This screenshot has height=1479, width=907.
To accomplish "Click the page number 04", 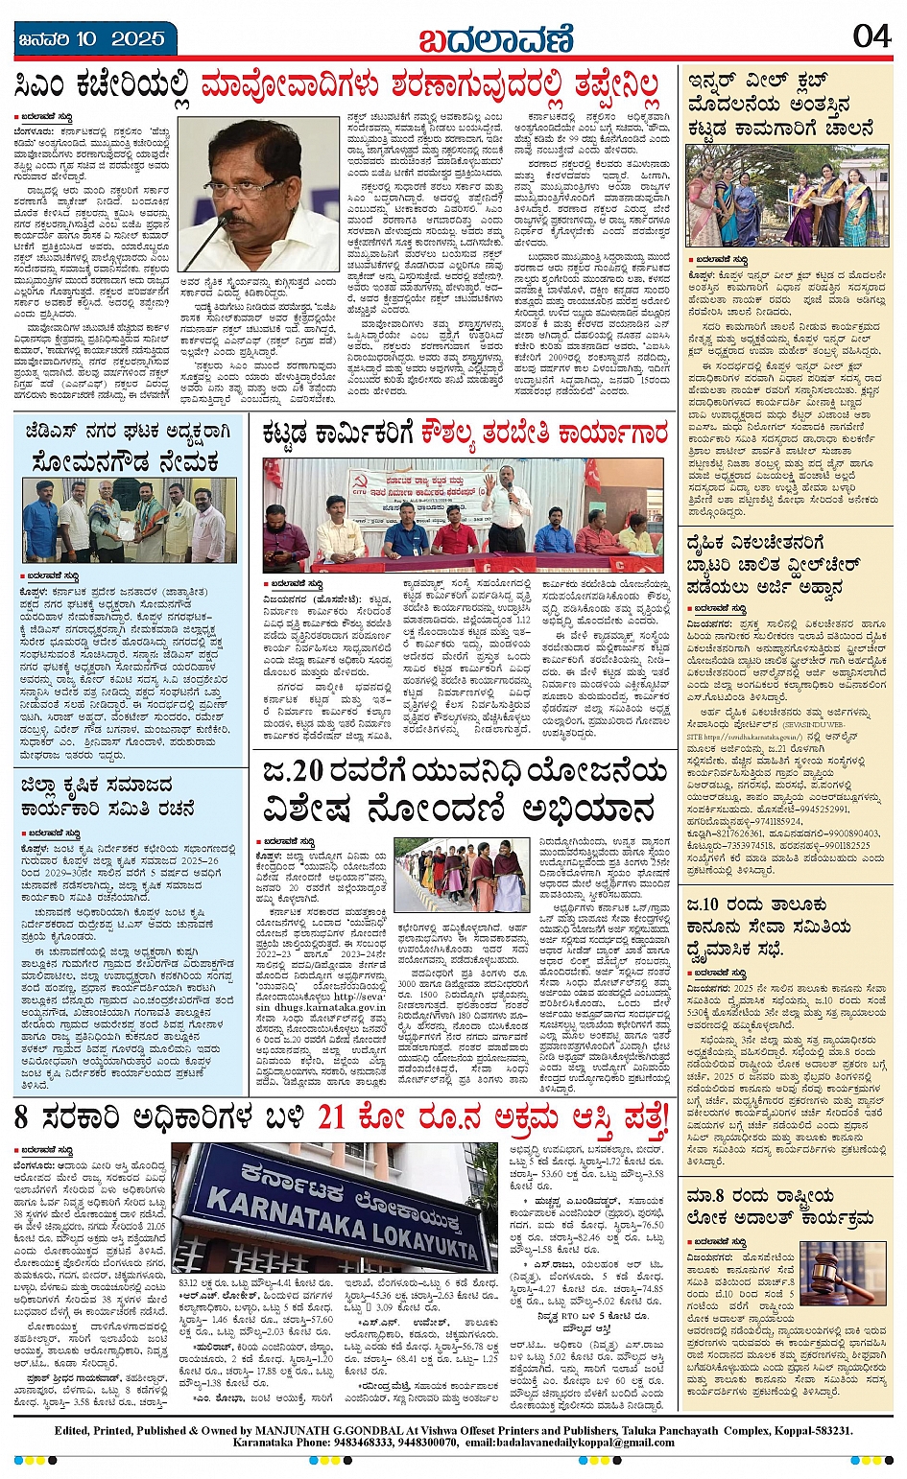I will [871, 35].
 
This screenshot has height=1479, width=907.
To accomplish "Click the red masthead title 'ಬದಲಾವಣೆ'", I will [496, 39].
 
